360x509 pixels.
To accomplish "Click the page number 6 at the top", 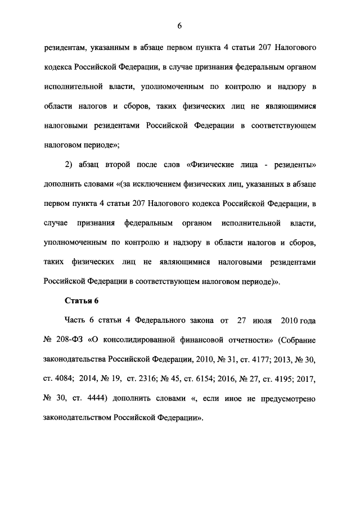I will pyautogui.click(x=180, y=26).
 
